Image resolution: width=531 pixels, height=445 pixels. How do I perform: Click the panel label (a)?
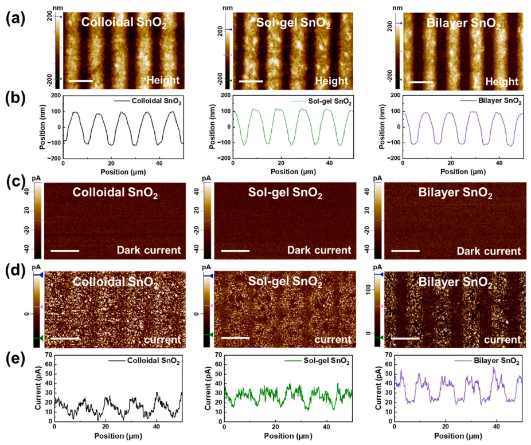13,17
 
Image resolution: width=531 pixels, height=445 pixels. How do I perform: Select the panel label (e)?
13,360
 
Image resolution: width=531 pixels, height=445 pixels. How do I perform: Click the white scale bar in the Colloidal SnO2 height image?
80,80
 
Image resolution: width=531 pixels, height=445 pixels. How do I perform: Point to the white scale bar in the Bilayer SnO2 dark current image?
405,250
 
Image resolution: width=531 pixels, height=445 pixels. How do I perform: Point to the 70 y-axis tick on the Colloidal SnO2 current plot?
48,356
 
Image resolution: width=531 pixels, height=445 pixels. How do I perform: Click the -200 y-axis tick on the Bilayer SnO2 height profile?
387,158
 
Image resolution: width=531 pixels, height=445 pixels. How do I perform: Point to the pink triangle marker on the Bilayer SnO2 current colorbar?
382,306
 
